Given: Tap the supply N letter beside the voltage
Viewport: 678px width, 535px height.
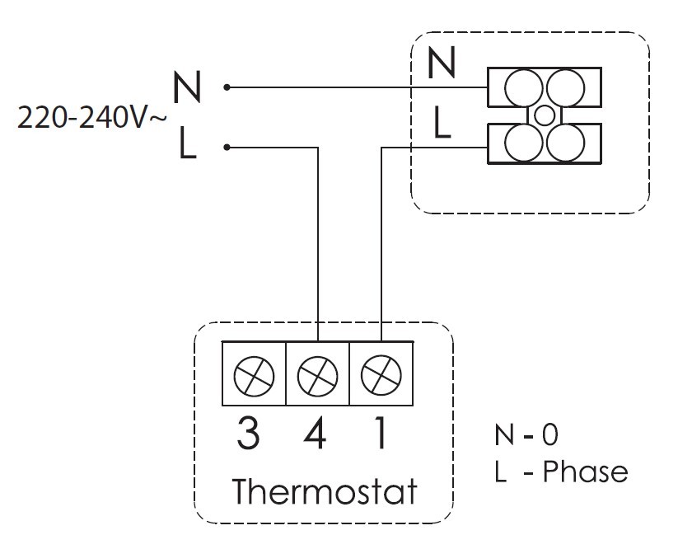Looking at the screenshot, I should [187, 87].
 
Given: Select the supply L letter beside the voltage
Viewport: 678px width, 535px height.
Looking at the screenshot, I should [187, 148].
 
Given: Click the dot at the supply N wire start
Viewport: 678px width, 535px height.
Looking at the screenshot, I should [227, 87].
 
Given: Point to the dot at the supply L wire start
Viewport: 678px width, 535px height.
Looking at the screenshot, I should [227, 148].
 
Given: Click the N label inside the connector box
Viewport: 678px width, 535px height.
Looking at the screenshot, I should [442, 64].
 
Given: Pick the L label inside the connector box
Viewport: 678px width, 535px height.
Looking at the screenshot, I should [442, 124].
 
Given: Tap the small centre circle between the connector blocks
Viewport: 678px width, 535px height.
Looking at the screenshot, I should [544, 115].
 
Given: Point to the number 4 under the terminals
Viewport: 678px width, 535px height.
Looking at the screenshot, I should [315, 433].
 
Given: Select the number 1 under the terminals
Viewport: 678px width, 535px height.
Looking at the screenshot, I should [379, 433].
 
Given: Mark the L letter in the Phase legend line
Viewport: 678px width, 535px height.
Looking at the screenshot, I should [501, 472].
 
